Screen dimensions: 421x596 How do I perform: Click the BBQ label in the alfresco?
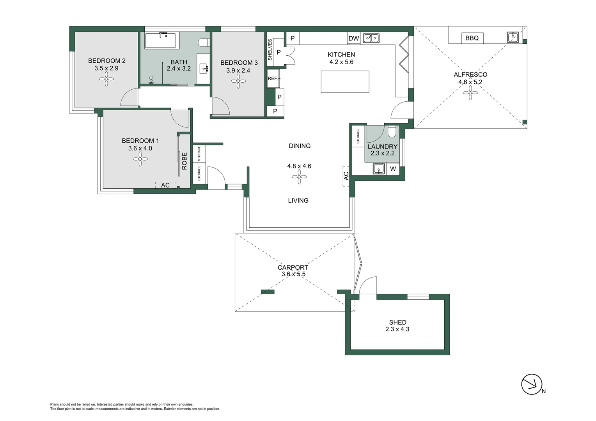coord(472,38)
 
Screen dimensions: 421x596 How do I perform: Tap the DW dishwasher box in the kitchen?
coord(353,38)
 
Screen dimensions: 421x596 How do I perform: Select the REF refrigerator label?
coord(272,79)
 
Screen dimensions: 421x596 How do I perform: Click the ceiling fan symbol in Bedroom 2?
coord(106,80)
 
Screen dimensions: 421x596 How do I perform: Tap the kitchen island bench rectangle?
coord(345,82)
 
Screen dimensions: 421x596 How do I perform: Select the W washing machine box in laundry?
coord(393,169)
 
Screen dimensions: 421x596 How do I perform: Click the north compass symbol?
coord(532,385)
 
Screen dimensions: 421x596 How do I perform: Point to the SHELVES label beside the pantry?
coord(270,50)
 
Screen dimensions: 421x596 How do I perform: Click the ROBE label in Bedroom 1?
coord(184,161)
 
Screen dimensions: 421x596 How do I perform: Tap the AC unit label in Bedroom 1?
coord(165,185)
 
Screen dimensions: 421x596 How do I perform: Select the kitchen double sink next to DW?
coord(371,38)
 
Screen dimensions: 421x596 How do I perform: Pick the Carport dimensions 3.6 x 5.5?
coord(293,274)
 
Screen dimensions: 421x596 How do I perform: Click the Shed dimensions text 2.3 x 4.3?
coord(397,329)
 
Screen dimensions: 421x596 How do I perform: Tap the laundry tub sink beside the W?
coord(378,169)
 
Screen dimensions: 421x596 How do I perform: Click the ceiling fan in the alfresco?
coord(470,92)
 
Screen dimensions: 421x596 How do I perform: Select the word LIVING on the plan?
coord(298,200)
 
